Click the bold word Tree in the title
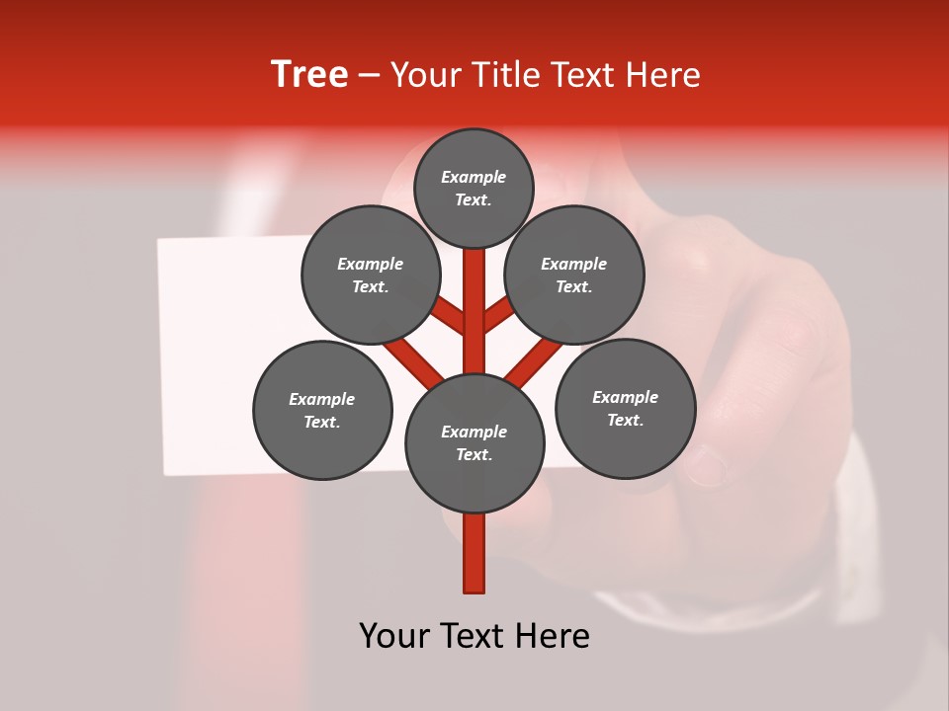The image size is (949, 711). pos(309,75)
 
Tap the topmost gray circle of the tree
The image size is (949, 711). pos(474,189)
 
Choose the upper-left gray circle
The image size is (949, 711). pos(371,276)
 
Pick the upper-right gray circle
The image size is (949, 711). pos(574,276)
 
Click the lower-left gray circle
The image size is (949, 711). pos(322,411)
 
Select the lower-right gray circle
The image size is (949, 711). pos(625,409)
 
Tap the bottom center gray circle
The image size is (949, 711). pos(474,443)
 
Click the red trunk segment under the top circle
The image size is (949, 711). pos(474,296)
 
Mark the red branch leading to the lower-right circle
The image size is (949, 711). pos(534,360)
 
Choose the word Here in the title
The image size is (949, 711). pos(666,75)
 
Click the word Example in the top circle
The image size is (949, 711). pos(474,178)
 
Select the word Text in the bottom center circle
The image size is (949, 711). pos(471,455)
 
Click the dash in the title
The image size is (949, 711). pos(369,76)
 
